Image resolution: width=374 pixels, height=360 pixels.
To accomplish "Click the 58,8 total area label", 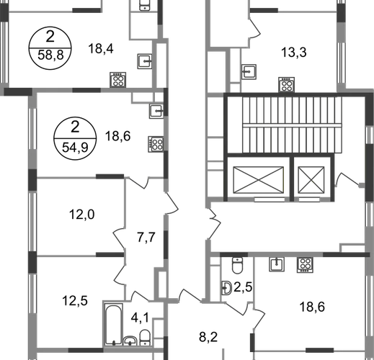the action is (x=50, y=55).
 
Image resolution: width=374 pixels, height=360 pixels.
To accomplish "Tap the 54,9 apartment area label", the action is (x=75, y=147).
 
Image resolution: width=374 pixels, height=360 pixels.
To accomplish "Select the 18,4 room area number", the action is (x=101, y=48).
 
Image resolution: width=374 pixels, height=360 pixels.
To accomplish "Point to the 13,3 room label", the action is (x=294, y=53).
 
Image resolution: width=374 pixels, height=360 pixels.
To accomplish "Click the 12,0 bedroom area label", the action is (x=81, y=215).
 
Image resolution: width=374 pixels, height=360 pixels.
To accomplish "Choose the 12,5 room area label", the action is (x=75, y=301).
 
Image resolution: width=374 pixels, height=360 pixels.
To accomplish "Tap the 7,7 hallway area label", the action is (x=146, y=238).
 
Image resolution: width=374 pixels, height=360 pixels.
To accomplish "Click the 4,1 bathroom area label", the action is (x=140, y=318).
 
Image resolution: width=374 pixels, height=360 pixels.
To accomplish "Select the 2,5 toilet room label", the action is (x=243, y=287).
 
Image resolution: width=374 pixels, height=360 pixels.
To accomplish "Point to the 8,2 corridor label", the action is (x=208, y=337).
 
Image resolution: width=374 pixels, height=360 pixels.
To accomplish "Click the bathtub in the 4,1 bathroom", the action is (x=114, y=324).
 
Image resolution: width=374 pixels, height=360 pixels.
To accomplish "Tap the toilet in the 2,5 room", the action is (x=238, y=266).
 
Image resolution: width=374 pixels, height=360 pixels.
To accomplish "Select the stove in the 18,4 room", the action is (x=118, y=80).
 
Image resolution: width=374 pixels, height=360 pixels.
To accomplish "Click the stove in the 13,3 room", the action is (x=287, y=84).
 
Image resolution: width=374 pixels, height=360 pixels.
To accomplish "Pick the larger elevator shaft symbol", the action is (x=259, y=180).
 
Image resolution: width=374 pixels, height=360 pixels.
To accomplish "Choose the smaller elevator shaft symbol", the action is (x=311, y=180).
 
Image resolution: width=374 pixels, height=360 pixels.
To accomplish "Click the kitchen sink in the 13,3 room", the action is (x=249, y=72).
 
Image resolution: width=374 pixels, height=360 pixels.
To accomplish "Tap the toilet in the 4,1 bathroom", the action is (x=145, y=338).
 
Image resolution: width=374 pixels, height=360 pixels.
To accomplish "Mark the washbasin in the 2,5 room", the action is (x=226, y=287).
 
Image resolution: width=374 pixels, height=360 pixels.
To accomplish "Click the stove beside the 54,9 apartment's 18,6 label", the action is (x=156, y=144).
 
